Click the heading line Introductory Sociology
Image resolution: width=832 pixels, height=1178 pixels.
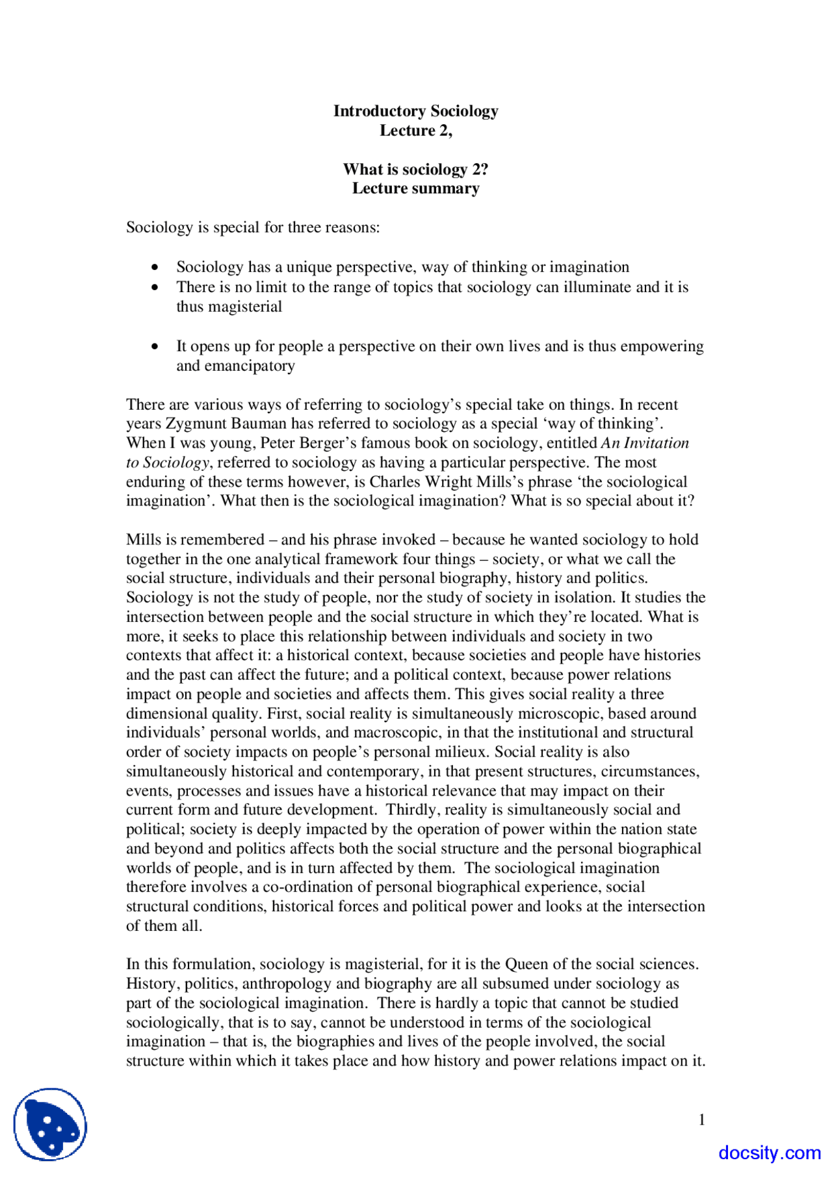[x=415, y=111]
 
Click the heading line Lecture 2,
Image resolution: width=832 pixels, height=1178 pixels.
[x=415, y=131]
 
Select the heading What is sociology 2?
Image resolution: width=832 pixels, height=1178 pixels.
[x=415, y=170]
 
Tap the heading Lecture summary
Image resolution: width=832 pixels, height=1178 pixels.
[x=415, y=189]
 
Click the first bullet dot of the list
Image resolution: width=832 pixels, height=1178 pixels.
[x=155, y=267]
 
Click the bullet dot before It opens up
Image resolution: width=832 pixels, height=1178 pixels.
[x=155, y=347]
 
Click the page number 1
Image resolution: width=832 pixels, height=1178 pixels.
[x=701, y=1119]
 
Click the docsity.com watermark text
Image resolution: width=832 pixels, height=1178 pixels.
[x=770, y=1153]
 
